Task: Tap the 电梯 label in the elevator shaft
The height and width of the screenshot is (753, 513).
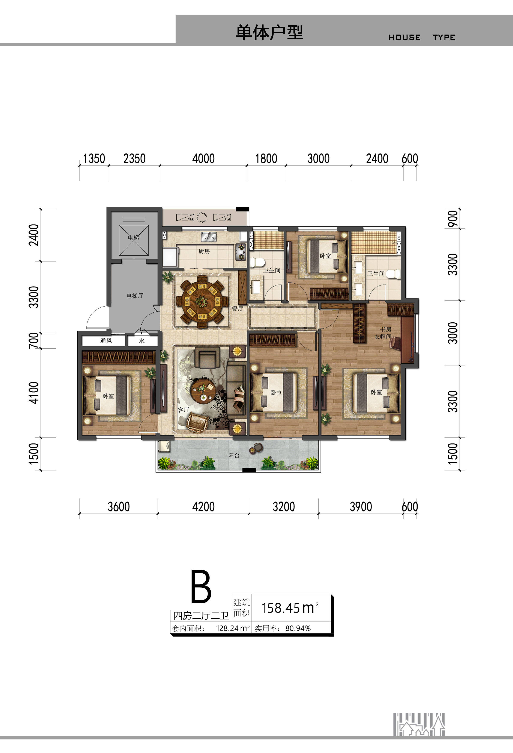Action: point(133,237)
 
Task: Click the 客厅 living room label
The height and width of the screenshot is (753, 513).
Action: point(184,410)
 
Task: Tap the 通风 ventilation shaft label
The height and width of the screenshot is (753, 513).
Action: point(106,340)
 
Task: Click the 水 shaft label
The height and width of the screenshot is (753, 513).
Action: point(142,340)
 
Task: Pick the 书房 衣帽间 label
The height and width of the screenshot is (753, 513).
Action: point(383,333)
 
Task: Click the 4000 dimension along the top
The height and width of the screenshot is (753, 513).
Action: point(203,158)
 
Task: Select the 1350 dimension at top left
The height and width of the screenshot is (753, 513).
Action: point(94,158)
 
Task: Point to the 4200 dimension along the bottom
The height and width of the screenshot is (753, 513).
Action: point(203,506)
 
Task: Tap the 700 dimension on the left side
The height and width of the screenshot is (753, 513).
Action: point(34,340)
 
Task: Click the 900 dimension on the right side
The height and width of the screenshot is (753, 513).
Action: point(453,219)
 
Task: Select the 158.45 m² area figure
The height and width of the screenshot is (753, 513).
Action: point(290,608)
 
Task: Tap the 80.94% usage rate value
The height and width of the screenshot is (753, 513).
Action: point(298,628)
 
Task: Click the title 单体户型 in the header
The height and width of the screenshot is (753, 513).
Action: point(269,32)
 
